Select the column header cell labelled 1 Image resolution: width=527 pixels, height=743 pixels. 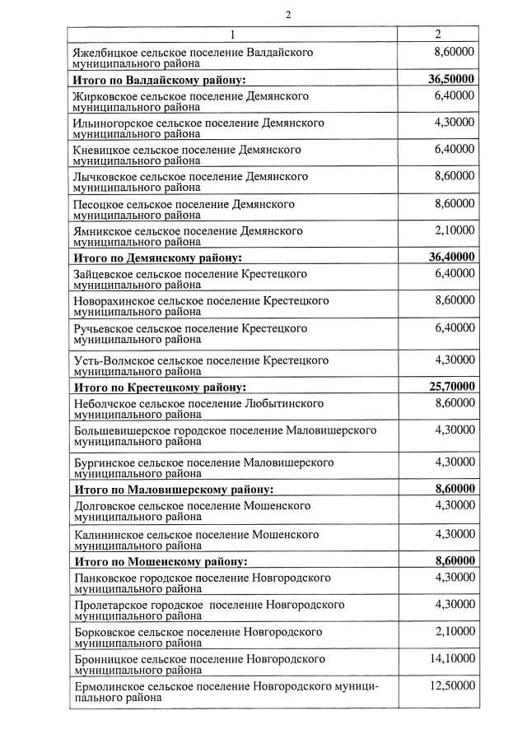(x=232, y=35)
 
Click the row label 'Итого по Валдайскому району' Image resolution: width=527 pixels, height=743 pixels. (x=161, y=81)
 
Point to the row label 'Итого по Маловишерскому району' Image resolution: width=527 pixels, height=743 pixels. (x=173, y=489)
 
